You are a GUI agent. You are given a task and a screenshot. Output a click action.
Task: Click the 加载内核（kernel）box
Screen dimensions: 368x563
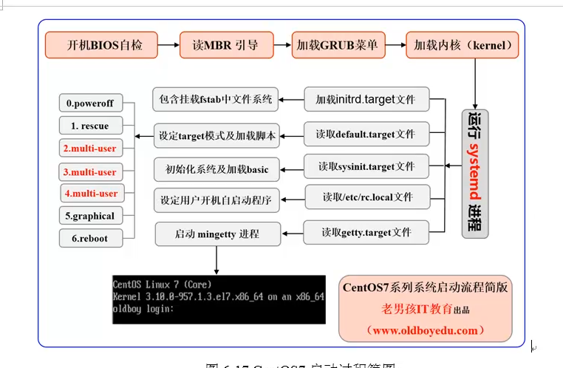point(462,45)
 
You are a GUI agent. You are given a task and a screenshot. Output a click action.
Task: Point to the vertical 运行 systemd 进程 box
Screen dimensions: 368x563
point(475,173)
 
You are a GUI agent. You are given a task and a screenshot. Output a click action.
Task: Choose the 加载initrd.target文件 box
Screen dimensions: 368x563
point(366,98)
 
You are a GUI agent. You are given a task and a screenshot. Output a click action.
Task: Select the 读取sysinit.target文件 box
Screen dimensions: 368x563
point(366,166)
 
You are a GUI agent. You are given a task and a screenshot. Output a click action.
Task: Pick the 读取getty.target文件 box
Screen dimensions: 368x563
point(366,232)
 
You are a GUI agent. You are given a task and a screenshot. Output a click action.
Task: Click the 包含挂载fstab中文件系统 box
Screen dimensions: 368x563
point(216,98)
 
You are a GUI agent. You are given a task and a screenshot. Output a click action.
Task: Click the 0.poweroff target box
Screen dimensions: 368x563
point(89,103)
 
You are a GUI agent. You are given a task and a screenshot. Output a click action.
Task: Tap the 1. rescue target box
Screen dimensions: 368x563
point(89,126)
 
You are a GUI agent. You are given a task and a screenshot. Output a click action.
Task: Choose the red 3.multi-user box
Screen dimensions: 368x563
point(89,172)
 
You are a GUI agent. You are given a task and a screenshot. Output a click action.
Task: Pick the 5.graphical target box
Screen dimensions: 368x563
point(89,216)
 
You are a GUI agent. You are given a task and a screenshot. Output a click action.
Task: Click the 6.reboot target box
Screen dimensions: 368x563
point(89,239)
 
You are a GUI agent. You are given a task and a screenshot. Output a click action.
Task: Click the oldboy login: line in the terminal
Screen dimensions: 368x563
point(143,309)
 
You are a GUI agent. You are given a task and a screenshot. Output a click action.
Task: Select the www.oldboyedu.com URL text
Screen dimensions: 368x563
point(426,330)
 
